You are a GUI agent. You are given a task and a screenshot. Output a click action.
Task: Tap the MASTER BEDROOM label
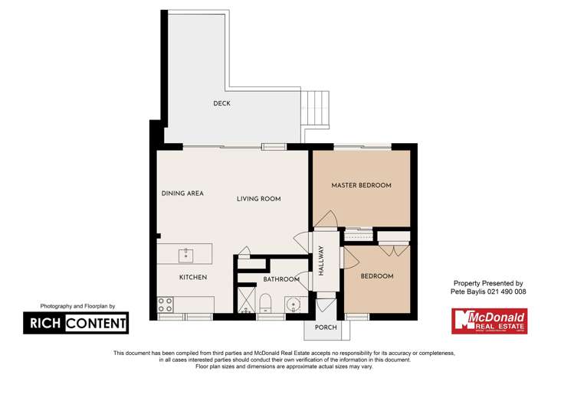[x=361, y=185]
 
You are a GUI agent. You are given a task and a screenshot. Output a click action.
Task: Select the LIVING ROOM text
[x=258, y=199]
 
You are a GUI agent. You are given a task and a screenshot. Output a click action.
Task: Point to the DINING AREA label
[x=182, y=194]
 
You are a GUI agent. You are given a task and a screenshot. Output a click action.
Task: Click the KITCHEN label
[x=193, y=277]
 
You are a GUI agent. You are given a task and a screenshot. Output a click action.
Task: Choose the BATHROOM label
[x=280, y=279]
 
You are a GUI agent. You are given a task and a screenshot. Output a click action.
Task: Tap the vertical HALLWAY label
[x=321, y=261]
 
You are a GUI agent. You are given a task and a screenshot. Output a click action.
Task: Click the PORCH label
[x=326, y=327]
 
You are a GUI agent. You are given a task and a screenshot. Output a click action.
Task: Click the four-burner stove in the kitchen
[x=166, y=305]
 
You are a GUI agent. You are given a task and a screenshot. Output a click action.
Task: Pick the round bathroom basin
[x=293, y=306]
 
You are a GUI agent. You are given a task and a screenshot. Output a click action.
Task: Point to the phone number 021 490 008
[x=503, y=292]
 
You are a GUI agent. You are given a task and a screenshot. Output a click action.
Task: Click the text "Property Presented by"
[x=488, y=282]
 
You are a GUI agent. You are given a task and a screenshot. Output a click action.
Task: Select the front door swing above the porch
[x=325, y=305]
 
